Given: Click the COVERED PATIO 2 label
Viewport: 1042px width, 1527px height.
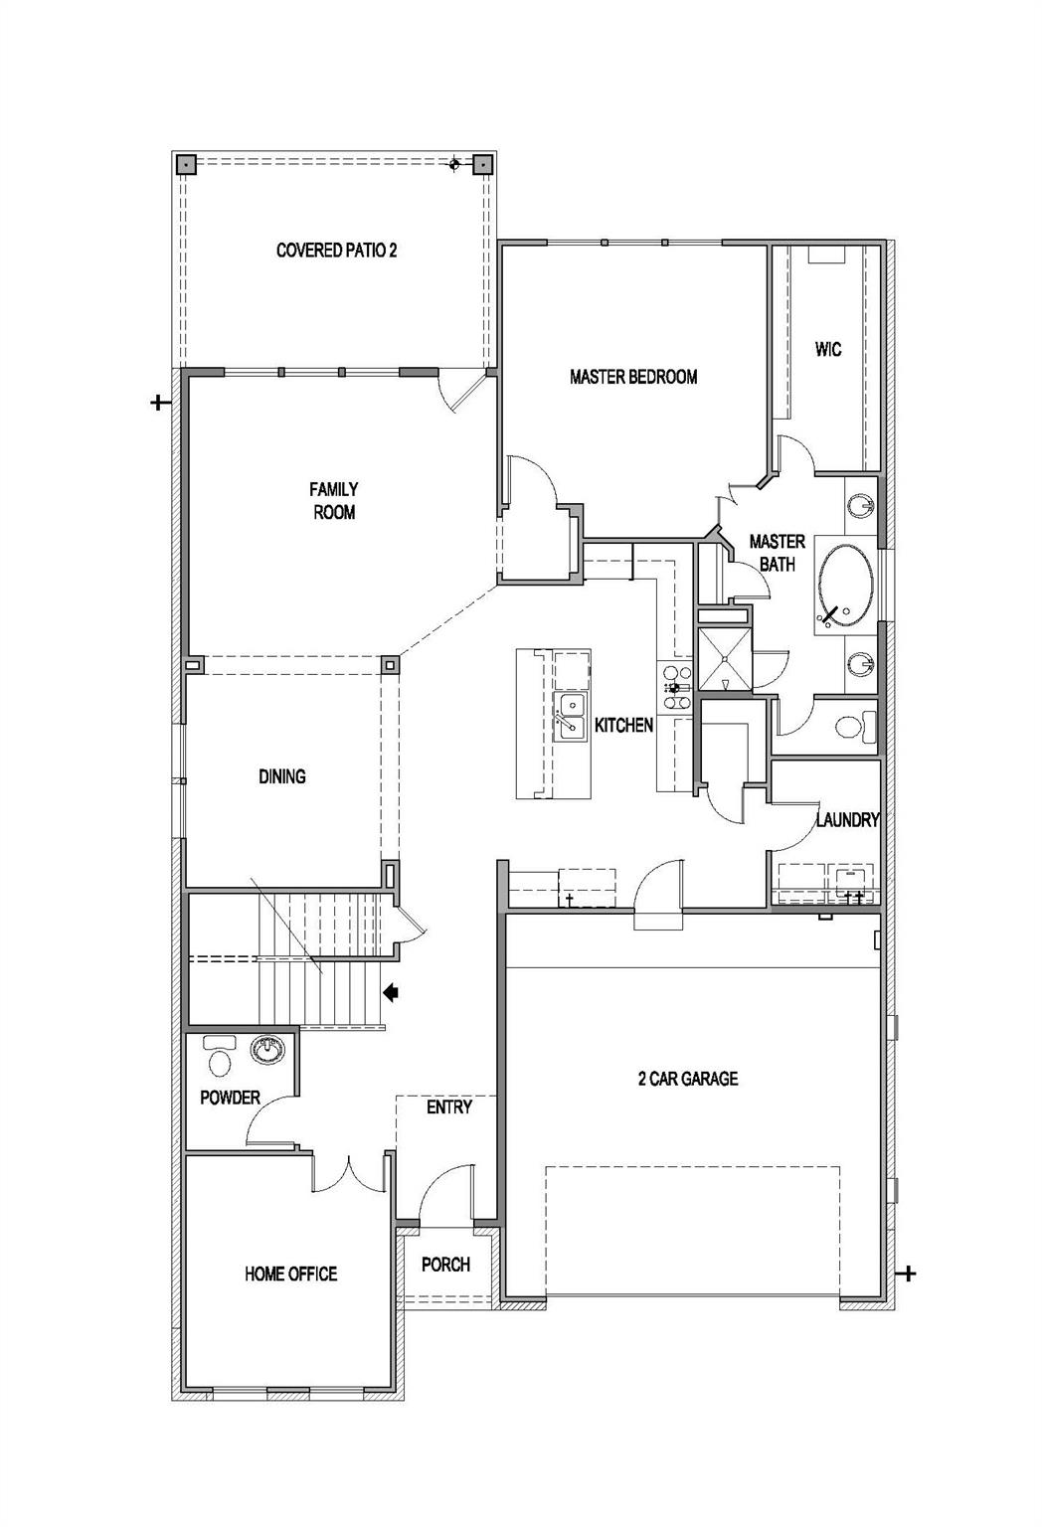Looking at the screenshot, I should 336,251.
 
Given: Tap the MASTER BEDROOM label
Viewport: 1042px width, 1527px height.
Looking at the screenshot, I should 633,377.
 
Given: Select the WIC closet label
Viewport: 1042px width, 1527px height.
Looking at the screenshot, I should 827,349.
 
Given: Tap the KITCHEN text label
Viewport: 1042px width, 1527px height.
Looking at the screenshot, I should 623,726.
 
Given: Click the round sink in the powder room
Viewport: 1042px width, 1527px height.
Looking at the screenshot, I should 266,1049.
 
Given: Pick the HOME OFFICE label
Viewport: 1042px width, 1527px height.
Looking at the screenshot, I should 290,1273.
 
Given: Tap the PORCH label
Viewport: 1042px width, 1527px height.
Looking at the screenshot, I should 445,1265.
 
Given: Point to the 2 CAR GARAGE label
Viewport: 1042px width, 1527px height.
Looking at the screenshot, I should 688,1079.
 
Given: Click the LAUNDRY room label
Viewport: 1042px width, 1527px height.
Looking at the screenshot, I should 847,820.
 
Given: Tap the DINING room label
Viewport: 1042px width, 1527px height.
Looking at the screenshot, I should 281,776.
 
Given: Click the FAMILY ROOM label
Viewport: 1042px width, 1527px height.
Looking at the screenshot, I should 333,501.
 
